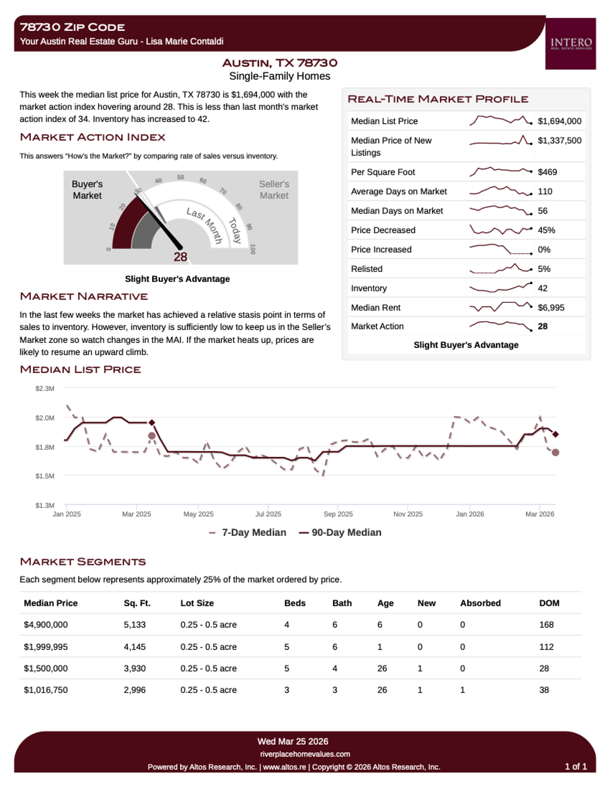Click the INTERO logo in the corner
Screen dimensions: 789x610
pos(571,44)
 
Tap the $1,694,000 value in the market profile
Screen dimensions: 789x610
pos(559,121)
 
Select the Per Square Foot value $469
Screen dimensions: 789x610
pos(547,172)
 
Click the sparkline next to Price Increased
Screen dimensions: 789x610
pos(501,249)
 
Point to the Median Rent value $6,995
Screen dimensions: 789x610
pos(551,307)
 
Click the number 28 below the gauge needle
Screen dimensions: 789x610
pos(180,257)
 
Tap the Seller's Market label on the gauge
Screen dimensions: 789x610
pos(274,190)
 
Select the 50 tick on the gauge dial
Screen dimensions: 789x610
pos(180,177)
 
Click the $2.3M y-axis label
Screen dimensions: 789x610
pos(45,388)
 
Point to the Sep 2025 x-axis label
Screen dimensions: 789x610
pos(338,514)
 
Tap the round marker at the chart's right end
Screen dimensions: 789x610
pos(555,452)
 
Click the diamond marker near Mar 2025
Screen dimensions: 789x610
pos(152,422)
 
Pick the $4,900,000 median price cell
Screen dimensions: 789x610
pos(45,625)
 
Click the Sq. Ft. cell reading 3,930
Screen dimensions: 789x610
pos(135,668)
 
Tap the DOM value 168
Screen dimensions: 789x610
pos(546,625)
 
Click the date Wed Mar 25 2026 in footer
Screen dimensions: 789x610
pos(293,741)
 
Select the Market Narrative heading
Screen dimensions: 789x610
pos(84,296)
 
